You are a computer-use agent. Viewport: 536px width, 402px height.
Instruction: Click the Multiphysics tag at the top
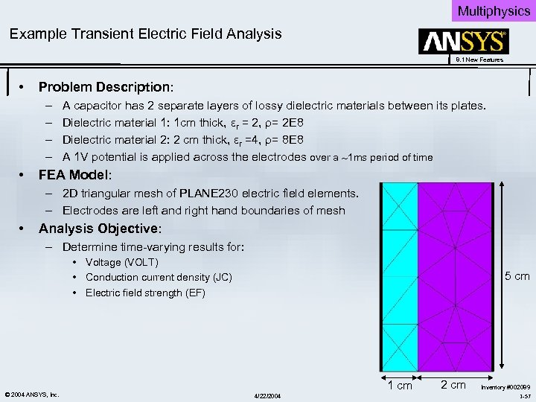[x=493, y=10]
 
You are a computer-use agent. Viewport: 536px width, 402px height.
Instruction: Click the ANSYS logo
[x=465, y=41]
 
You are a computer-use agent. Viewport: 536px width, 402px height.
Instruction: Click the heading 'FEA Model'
[x=74, y=175]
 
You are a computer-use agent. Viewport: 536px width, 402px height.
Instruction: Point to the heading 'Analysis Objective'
[x=100, y=229]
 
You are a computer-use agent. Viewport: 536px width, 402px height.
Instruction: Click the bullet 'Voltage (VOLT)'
[x=121, y=262]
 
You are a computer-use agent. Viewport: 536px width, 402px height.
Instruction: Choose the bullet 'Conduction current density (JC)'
[x=159, y=278]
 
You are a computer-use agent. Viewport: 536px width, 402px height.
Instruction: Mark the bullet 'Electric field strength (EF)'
[x=145, y=293]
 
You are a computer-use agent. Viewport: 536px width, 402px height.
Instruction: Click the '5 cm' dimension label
[x=517, y=277]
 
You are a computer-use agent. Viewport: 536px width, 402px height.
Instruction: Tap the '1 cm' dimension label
[x=399, y=385]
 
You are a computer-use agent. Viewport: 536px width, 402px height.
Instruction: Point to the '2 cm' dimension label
[x=453, y=385]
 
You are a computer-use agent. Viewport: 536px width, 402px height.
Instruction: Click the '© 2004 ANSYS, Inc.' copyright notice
[x=31, y=394]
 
